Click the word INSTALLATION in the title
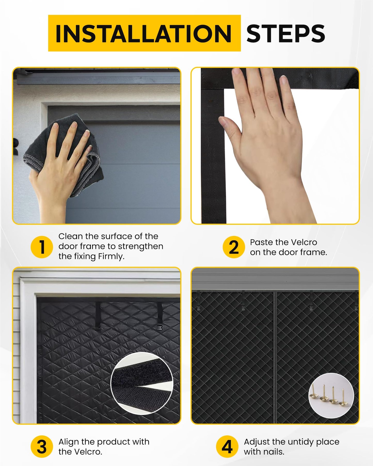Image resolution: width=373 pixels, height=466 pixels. click(x=144, y=34)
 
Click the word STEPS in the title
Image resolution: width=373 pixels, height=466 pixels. click(x=285, y=34)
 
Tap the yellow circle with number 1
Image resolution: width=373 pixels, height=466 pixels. click(x=42, y=247)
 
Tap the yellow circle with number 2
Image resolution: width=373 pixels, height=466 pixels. click(x=234, y=247)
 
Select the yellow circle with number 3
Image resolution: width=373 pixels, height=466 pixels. click(x=42, y=446)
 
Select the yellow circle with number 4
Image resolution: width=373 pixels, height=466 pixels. click(x=227, y=446)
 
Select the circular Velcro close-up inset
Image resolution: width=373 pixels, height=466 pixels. click(x=141, y=383)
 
